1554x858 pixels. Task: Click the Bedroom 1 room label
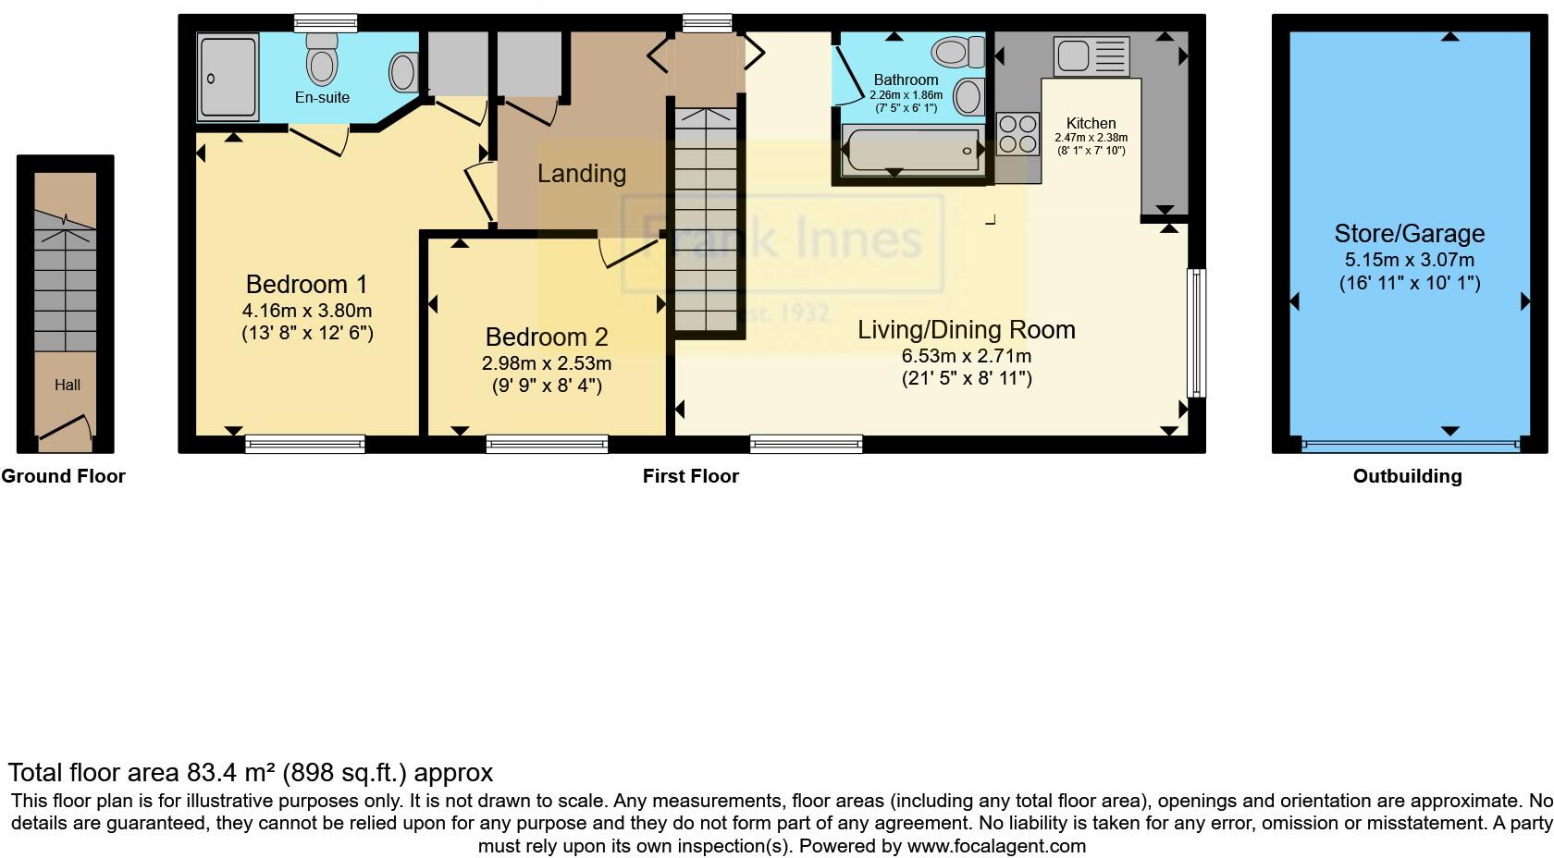306,284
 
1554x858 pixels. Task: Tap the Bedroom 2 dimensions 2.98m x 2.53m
546,363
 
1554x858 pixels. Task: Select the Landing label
581,174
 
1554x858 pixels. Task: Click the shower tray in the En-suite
227,78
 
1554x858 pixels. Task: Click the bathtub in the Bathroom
912,151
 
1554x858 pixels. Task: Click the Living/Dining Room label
966,330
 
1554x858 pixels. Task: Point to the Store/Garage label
1409,234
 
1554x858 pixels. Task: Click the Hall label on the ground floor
67,386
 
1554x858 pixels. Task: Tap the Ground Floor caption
63,476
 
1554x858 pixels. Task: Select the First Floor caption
690,476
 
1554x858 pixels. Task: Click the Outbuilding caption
1407,476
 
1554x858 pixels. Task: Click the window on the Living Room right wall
1197,332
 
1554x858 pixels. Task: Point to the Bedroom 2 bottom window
547,445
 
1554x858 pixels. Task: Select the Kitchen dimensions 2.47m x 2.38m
1091,138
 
